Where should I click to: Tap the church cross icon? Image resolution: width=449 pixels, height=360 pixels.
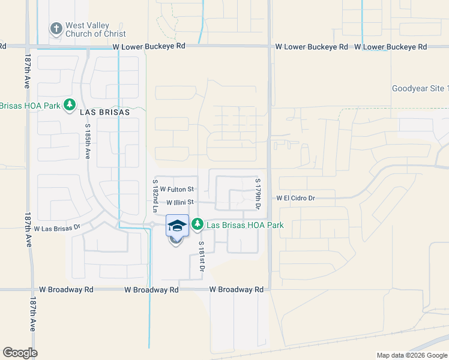[x=56, y=28]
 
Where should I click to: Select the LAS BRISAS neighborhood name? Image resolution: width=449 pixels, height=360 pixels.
[x=108, y=112]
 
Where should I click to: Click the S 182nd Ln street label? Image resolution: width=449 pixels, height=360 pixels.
[x=155, y=196]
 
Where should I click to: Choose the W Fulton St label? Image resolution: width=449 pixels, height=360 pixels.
[x=177, y=189]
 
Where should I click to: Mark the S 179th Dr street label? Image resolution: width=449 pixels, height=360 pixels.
[x=258, y=193]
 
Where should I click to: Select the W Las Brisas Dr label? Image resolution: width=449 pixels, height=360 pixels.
[x=57, y=229]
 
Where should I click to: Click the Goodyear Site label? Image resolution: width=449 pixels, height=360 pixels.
[x=420, y=88]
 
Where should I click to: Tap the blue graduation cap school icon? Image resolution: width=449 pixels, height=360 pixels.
[x=177, y=226]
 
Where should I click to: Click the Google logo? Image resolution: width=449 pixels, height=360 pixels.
[x=20, y=353]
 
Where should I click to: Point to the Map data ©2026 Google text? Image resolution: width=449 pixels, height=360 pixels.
[x=411, y=355]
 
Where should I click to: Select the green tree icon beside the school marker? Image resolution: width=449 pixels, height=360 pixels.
[x=197, y=225]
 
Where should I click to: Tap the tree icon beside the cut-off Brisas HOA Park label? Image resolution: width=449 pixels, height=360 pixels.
[x=70, y=106]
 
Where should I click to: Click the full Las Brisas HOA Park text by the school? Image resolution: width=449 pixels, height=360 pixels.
[x=245, y=226]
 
